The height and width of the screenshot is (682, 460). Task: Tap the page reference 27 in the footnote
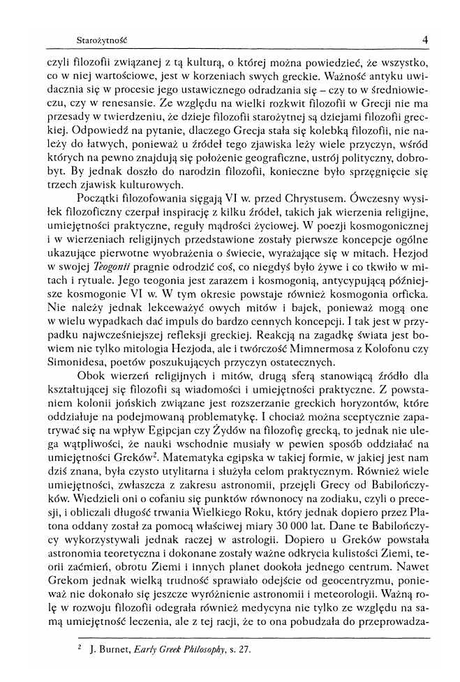262,649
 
